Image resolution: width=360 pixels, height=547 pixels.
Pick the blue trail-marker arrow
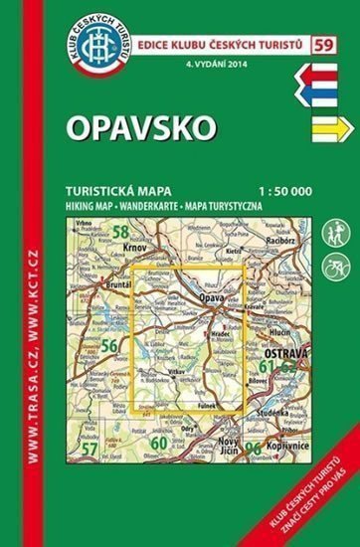click(319, 95)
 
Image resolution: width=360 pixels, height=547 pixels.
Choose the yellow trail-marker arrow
click(321, 127)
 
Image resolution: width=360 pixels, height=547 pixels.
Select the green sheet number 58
click(121, 232)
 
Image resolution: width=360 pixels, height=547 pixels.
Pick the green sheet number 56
click(109, 345)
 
